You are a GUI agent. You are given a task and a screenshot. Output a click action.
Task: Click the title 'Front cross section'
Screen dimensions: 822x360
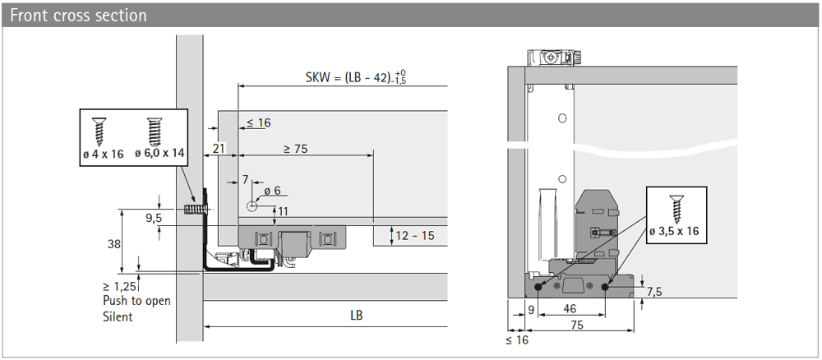click(78, 15)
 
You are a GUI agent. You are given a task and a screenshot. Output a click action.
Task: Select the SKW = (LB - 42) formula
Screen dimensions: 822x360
click(356, 77)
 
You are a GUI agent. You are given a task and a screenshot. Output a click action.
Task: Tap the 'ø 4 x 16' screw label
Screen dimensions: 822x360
click(103, 154)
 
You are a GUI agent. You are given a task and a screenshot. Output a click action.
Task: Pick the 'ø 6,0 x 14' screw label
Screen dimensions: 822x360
click(159, 154)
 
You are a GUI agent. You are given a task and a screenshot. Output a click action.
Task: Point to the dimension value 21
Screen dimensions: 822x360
click(219, 148)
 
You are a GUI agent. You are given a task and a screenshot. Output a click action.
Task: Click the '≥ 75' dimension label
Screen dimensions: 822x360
click(295, 149)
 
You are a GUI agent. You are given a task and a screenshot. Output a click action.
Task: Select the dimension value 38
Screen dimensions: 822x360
click(113, 244)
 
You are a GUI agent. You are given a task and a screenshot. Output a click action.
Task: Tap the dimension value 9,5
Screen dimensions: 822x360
click(154, 218)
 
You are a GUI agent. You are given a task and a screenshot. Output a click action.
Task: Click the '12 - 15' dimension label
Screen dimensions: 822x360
click(415, 236)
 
